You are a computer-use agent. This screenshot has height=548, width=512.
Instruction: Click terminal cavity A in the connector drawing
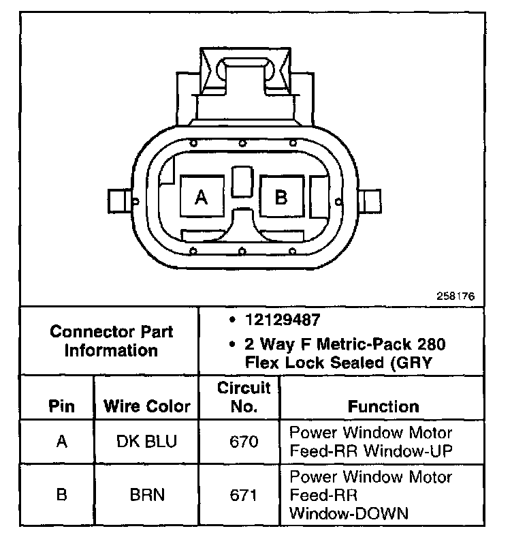coord(201,198)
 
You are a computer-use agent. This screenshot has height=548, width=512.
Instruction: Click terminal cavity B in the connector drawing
coord(281,198)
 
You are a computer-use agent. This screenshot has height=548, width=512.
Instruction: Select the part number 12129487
coord(274,318)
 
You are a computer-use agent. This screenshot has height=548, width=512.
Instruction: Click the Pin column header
coord(62,407)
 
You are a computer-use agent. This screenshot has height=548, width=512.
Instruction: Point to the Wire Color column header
coord(147,407)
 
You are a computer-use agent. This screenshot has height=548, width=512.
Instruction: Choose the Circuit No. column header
coord(244,397)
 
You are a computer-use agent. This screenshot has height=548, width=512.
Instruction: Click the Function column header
coord(383,407)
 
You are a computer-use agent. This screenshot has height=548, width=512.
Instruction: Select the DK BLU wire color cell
coord(147,441)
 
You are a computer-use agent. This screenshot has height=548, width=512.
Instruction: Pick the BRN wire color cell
coord(147,494)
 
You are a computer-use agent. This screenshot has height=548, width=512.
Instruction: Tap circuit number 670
coord(244,441)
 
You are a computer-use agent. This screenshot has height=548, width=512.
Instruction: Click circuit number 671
coord(244,494)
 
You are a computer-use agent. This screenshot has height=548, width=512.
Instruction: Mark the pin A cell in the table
coord(62,441)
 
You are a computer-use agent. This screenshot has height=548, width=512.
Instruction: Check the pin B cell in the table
coord(62,494)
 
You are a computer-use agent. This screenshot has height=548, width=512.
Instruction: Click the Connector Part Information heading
coord(112,341)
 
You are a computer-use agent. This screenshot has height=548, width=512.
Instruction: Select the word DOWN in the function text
coord(378,513)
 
